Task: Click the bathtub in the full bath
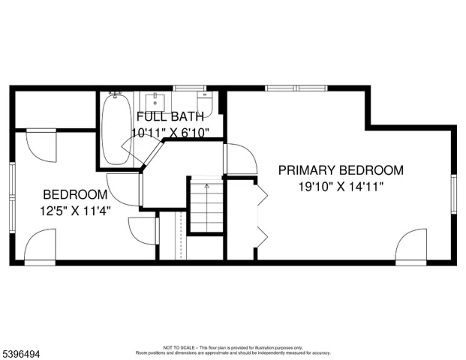point(115,127)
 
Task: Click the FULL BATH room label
point(169,117)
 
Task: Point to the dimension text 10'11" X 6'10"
point(170,133)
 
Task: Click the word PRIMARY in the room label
point(307,170)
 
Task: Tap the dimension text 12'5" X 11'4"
point(77,211)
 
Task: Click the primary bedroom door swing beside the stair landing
point(239,158)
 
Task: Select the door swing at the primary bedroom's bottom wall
point(412,247)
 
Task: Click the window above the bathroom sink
point(184,88)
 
